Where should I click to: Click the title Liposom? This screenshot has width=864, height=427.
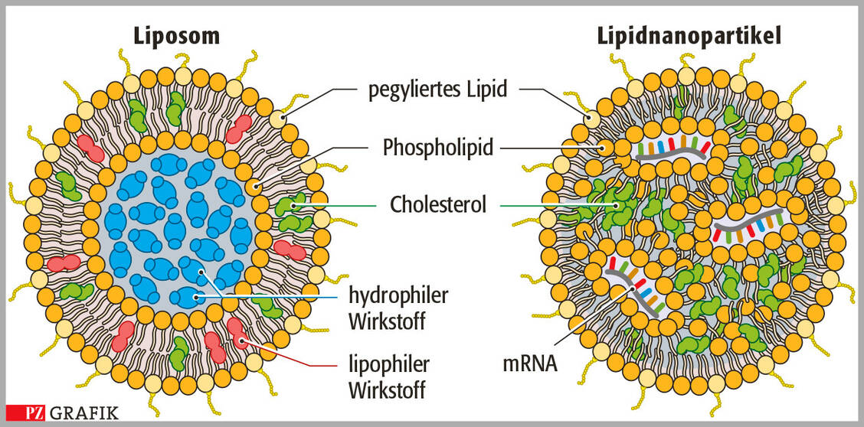(177, 35)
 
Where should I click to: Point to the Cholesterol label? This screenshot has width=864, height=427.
(438, 204)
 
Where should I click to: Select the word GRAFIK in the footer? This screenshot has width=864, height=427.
(84, 414)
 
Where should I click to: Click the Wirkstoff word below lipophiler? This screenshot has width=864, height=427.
(388, 390)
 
